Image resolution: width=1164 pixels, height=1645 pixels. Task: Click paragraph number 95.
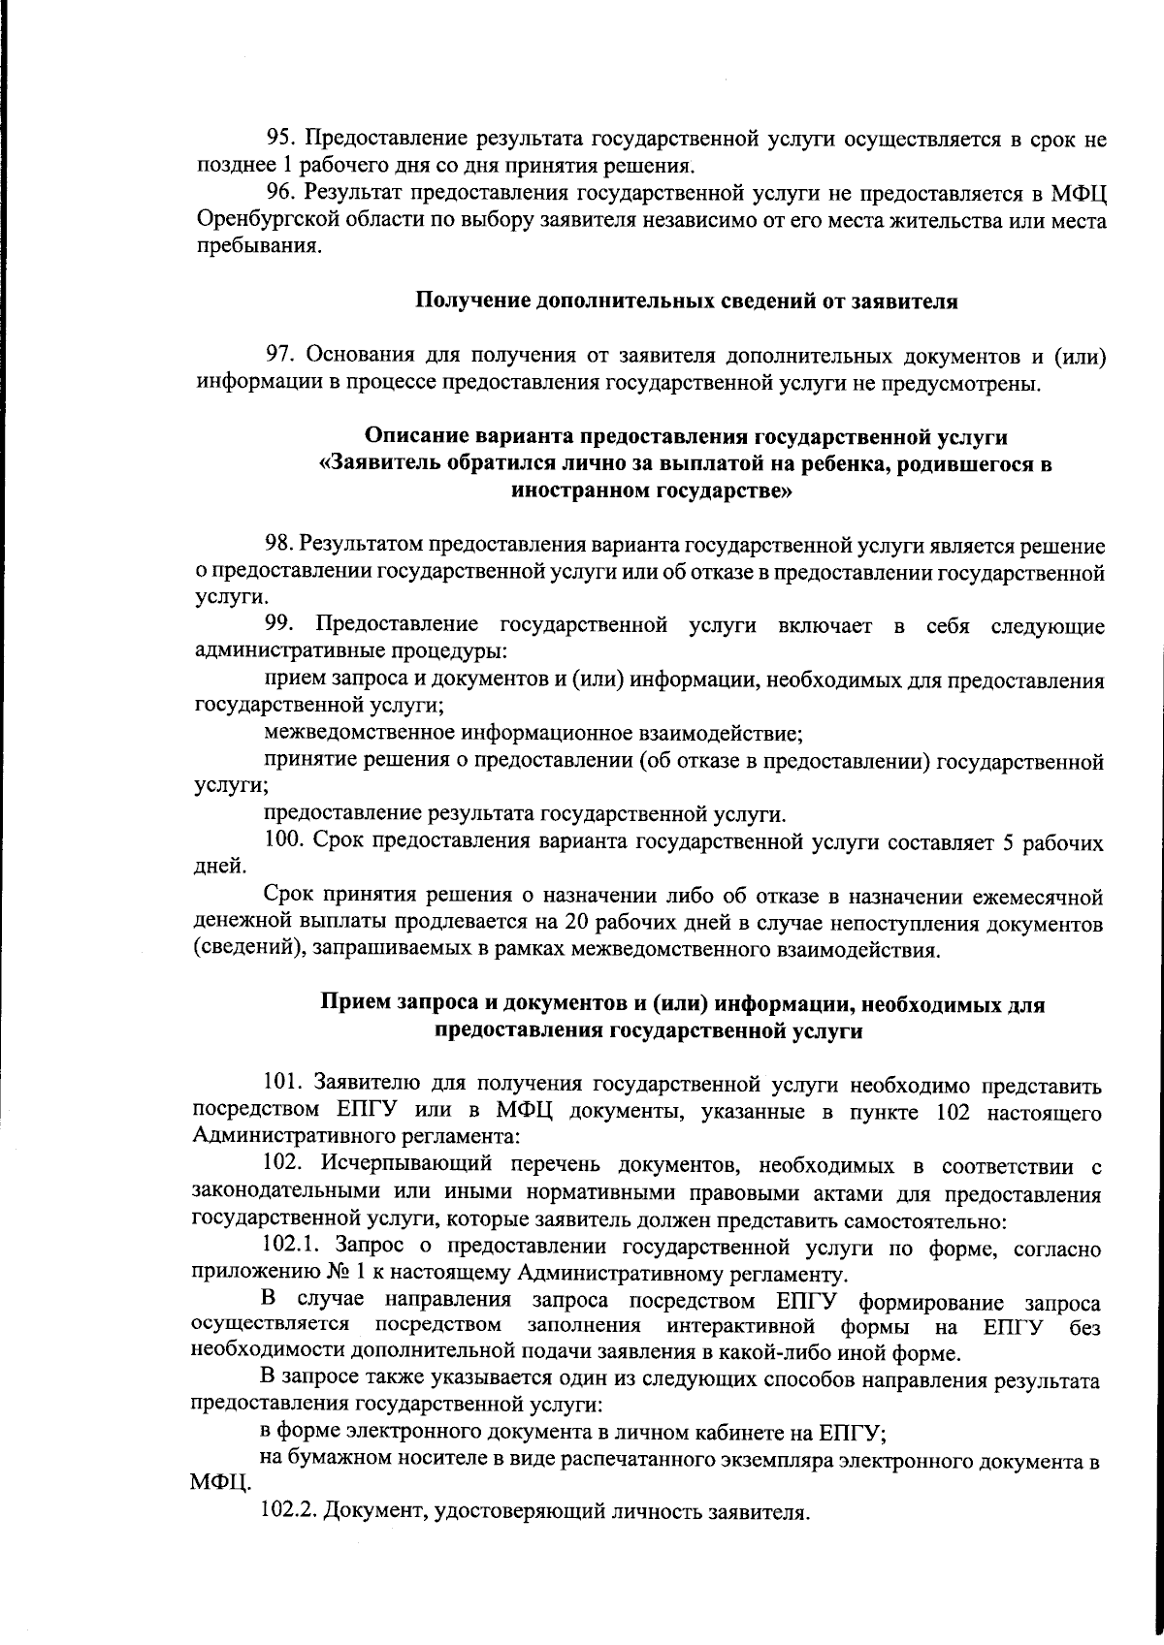point(281,139)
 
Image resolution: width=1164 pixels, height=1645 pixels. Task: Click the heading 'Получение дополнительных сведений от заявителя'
point(687,301)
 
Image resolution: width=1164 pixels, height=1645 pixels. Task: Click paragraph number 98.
point(281,546)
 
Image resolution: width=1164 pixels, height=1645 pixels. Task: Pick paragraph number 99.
point(281,626)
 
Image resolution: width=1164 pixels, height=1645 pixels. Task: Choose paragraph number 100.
point(286,842)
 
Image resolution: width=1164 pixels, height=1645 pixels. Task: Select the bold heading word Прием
point(356,1004)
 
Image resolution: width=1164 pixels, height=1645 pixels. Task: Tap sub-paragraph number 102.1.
point(290,1247)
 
